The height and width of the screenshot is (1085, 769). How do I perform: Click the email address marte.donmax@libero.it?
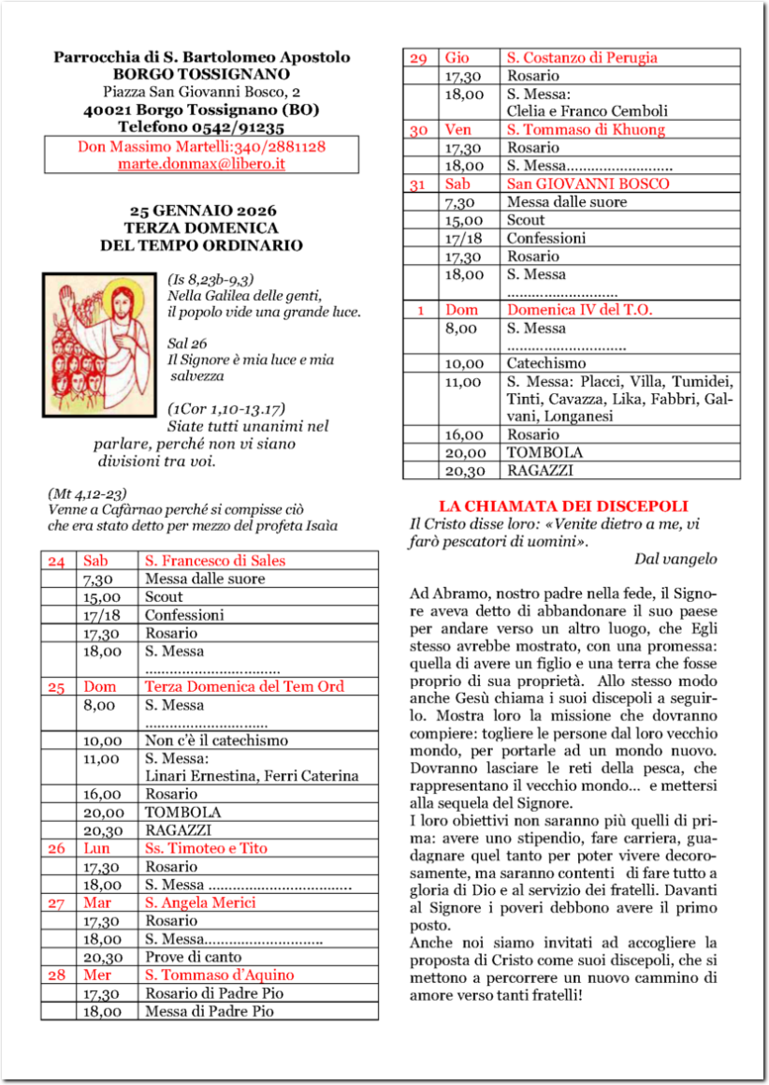click(x=201, y=163)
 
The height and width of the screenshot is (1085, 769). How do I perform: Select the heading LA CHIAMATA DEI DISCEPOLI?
click(x=563, y=506)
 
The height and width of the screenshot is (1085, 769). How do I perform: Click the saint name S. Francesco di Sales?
click(x=214, y=561)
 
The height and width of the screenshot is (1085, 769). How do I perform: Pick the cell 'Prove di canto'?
click(x=193, y=957)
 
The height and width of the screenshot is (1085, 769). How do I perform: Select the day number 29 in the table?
click(x=418, y=58)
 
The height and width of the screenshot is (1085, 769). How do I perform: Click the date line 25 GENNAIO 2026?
click(x=202, y=210)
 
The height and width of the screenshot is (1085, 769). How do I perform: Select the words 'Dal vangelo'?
click(x=675, y=559)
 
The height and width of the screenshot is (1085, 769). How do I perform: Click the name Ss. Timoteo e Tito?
click(x=206, y=848)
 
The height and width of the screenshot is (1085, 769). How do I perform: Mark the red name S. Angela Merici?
click(x=200, y=902)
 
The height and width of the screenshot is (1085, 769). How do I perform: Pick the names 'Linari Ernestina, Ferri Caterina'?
click(x=252, y=776)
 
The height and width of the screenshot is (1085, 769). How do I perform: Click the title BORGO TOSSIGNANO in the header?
click(x=201, y=74)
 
